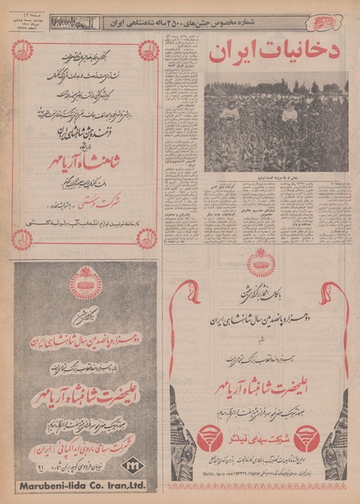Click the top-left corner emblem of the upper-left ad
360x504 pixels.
click(x=24, y=52)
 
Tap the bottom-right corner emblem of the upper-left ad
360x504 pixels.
click(x=146, y=239)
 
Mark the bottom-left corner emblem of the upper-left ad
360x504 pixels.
click(x=24, y=239)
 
